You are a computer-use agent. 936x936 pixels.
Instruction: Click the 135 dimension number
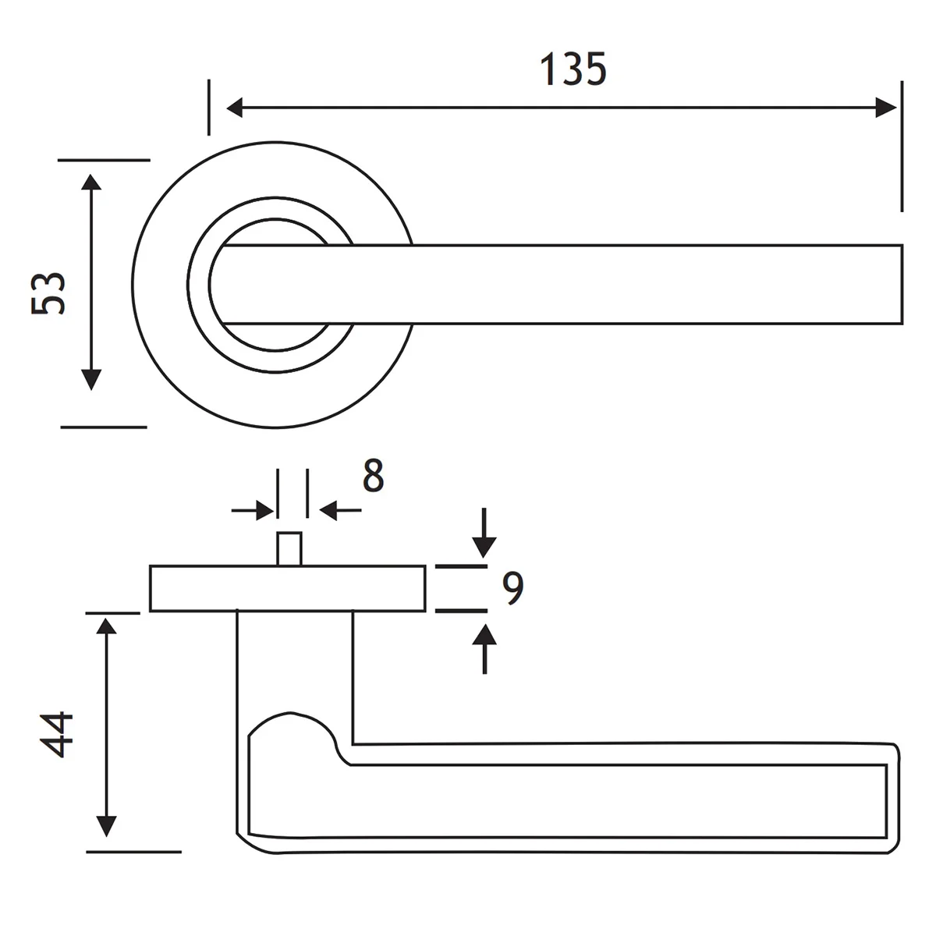pyautogui.click(x=573, y=69)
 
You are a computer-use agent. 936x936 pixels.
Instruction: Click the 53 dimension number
pyautogui.click(x=48, y=293)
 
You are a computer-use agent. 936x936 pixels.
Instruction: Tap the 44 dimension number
pyautogui.click(x=56, y=735)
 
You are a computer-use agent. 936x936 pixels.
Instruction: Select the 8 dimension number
pyautogui.click(x=373, y=475)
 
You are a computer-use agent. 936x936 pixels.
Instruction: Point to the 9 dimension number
pyautogui.click(x=513, y=588)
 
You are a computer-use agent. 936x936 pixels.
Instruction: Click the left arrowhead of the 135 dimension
pyautogui.click(x=234, y=108)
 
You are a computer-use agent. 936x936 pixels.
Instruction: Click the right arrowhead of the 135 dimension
pyautogui.click(x=886, y=108)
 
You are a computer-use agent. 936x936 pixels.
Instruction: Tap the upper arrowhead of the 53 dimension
pyautogui.click(x=90, y=182)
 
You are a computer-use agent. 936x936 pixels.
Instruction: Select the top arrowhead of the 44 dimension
pyautogui.click(x=106, y=626)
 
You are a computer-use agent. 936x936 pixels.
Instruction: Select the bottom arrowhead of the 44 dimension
pyautogui.click(x=106, y=826)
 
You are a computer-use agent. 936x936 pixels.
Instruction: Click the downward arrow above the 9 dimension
pyautogui.click(x=484, y=533)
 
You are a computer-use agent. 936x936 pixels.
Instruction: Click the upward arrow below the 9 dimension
pyautogui.click(x=484, y=649)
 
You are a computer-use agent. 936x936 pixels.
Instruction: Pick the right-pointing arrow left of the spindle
pyautogui.click(x=253, y=510)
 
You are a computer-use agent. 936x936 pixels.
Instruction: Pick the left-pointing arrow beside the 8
pyautogui.click(x=340, y=510)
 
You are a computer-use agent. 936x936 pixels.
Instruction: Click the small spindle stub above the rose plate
pyautogui.click(x=289, y=549)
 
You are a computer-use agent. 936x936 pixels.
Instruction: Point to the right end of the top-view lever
pyautogui.click(x=902, y=284)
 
